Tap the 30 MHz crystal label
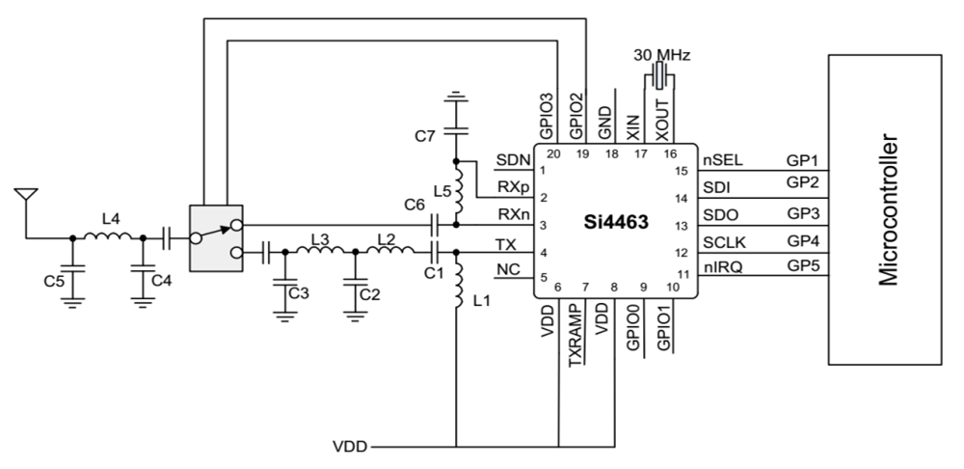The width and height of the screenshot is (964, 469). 660,54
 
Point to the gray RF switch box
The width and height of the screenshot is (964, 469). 211,237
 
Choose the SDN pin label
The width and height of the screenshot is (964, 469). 509,159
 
